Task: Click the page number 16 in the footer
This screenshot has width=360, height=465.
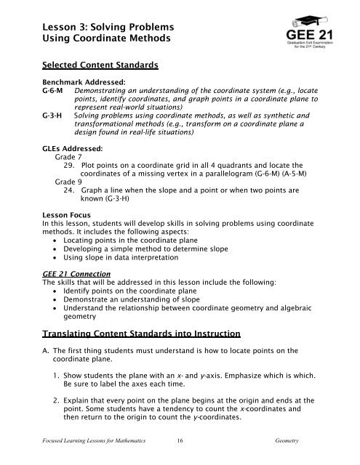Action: (180, 450)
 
